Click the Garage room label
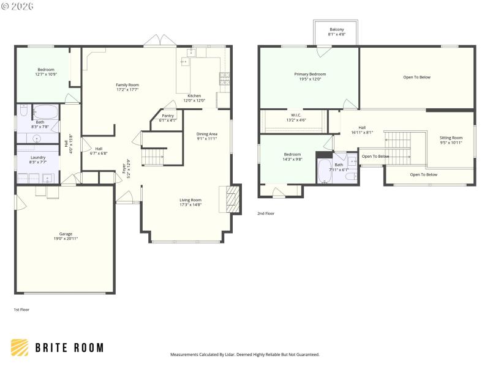(66, 236)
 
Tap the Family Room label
(127, 87)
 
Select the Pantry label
(168, 117)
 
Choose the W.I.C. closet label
(296, 117)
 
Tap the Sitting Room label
(451, 140)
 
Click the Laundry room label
(37, 160)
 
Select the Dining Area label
(206, 136)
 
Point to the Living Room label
(190, 202)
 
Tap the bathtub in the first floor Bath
(45, 112)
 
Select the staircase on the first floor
(154, 157)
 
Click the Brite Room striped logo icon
(20, 347)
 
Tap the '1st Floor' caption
(21, 310)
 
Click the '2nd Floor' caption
(266, 213)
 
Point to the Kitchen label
(194, 98)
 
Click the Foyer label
(127, 167)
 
